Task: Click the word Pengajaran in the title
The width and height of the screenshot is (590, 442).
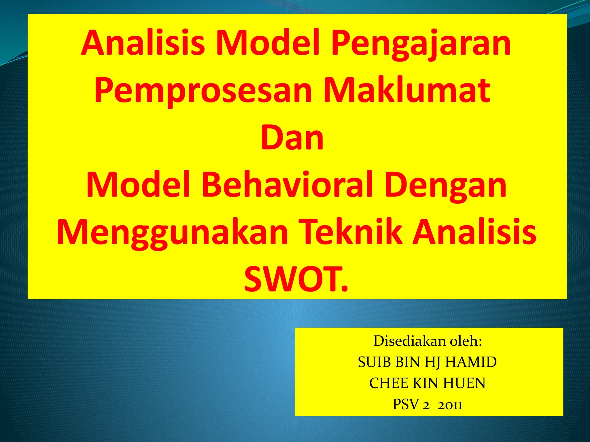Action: pyautogui.click(x=421, y=44)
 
